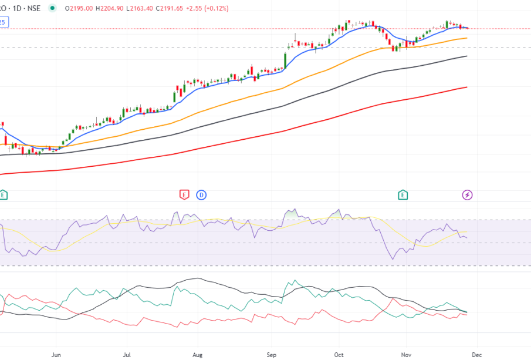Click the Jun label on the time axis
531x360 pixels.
click(x=56, y=355)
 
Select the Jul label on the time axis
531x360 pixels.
click(x=127, y=355)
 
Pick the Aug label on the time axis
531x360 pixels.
click(x=197, y=355)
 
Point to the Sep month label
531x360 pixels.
click(x=271, y=355)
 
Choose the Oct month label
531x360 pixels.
click(x=339, y=355)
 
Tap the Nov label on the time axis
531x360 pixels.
click(x=406, y=355)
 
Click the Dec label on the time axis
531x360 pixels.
click(x=477, y=355)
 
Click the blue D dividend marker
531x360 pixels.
click(x=201, y=194)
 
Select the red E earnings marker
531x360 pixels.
click(x=184, y=194)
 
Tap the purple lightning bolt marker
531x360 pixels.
click(x=468, y=194)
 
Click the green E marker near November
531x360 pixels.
click(x=403, y=194)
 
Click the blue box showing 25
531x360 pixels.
click(x=3, y=22)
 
